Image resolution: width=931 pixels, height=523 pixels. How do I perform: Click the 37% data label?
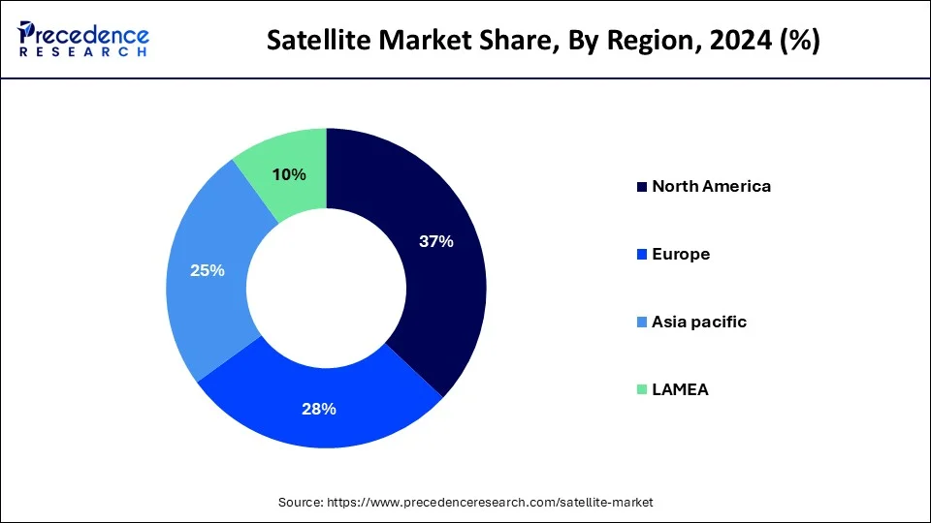[435, 242]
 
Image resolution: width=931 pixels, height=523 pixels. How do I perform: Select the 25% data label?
[208, 271]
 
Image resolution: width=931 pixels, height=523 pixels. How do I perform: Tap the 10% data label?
[289, 174]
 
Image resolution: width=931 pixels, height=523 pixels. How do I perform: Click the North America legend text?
[711, 187]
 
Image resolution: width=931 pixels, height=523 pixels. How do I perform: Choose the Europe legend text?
[681, 255]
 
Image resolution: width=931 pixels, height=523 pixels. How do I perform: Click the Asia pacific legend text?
[699, 322]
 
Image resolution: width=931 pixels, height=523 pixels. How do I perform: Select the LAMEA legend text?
[681, 389]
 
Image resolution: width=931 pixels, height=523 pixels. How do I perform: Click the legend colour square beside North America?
[641, 187]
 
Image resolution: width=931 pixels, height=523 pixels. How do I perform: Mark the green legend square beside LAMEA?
[641, 389]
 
